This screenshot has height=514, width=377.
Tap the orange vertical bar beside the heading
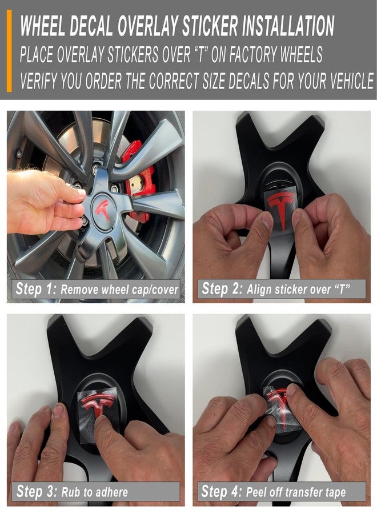[x=9, y=51]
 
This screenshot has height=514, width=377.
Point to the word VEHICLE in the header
[x=351, y=81]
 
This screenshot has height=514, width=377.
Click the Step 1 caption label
[x=96, y=289]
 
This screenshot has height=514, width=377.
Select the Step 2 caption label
[x=281, y=289]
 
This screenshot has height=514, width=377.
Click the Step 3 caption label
[x=96, y=492]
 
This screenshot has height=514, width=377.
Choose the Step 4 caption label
[x=281, y=492]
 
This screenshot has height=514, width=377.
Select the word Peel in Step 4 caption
[x=256, y=492]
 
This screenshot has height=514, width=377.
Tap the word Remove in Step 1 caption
[x=79, y=290]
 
